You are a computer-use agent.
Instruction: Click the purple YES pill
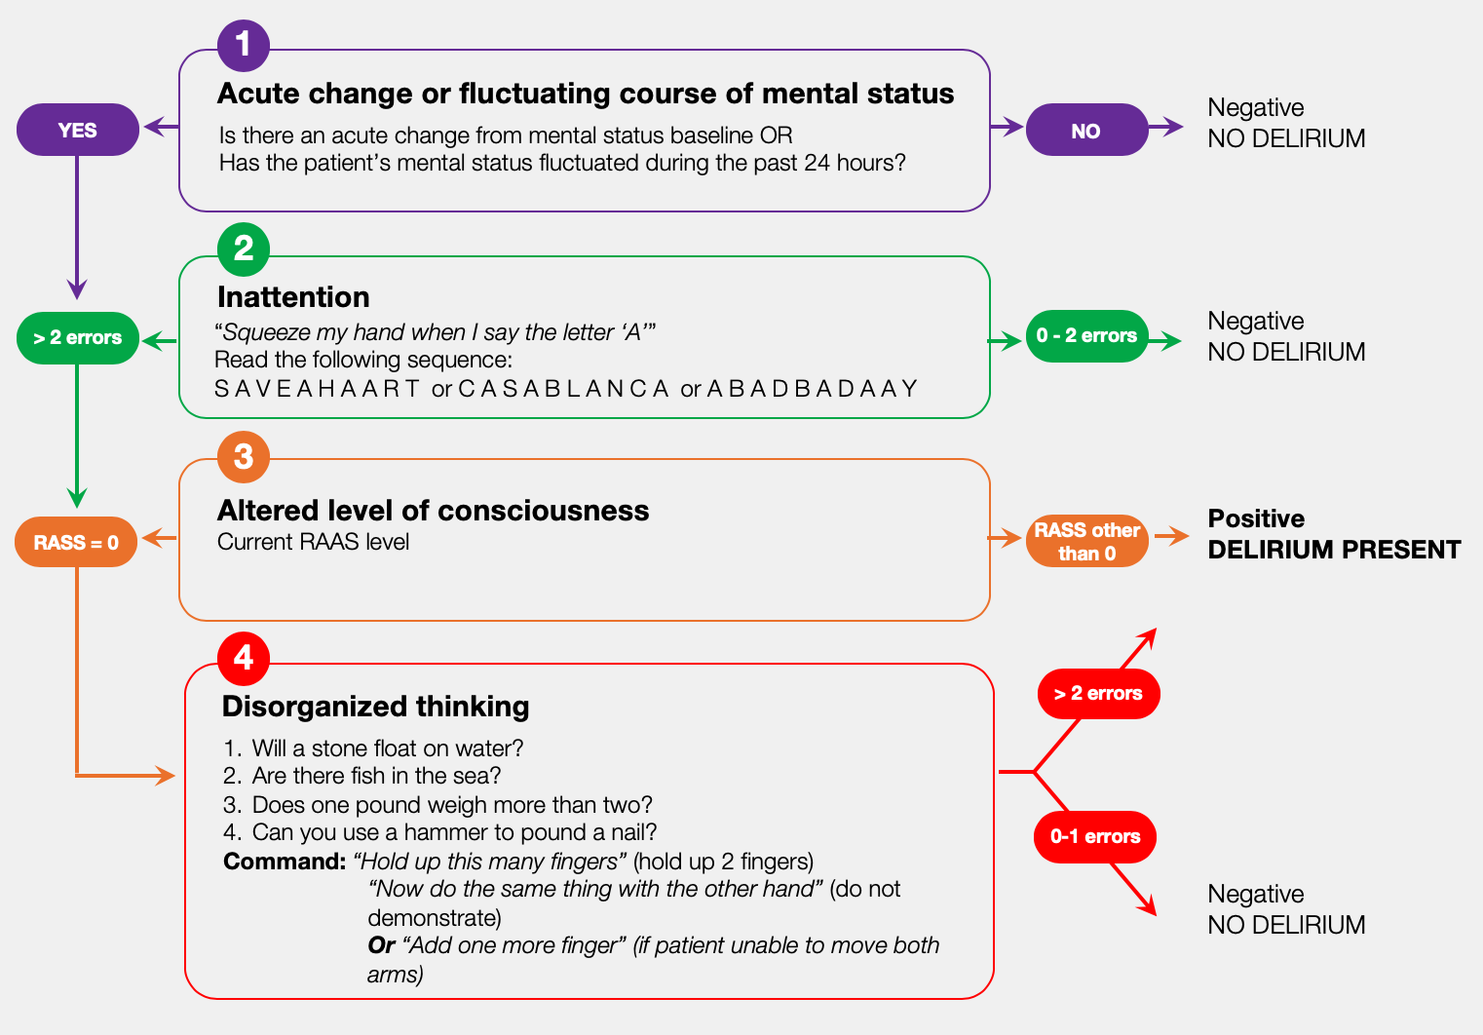(78, 130)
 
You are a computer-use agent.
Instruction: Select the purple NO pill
(1086, 131)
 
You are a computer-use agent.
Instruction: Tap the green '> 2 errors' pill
(78, 338)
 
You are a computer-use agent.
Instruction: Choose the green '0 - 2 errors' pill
(1086, 336)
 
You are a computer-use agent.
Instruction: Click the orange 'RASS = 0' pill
(76, 542)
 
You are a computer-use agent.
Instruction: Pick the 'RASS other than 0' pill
(1086, 542)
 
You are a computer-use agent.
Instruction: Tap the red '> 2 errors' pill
(1098, 694)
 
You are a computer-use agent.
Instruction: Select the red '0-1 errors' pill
(1095, 837)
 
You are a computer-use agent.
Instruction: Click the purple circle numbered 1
(243, 45)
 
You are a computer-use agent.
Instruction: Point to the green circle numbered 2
(244, 249)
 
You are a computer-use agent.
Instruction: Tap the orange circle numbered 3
(244, 456)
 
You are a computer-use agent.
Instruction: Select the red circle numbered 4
(244, 658)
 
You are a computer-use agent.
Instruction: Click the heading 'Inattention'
(293, 297)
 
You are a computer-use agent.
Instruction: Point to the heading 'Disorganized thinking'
(375, 707)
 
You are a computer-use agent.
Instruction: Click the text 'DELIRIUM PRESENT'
(1334, 550)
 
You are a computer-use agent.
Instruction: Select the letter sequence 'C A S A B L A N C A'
(563, 389)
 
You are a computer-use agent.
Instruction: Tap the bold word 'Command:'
(285, 862)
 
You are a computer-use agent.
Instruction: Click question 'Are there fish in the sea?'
(376, 776)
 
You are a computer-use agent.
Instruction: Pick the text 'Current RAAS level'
(313, 542)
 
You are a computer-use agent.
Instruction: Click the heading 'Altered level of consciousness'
(433, 511)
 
